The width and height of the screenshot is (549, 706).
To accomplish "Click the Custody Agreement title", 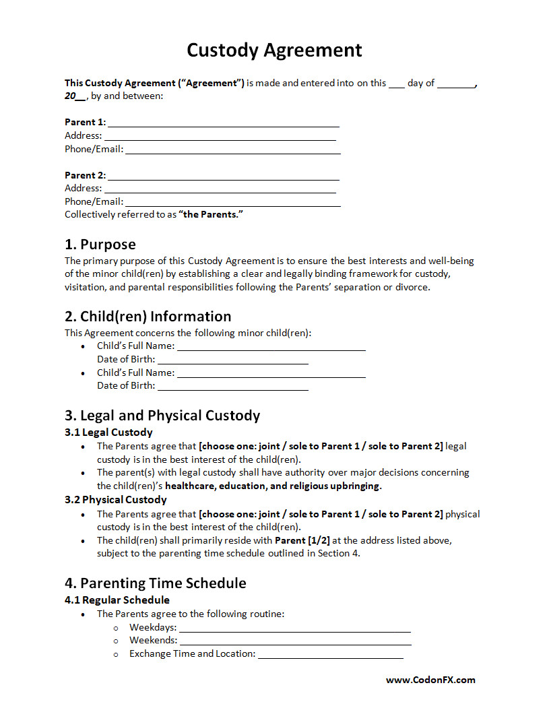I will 274,51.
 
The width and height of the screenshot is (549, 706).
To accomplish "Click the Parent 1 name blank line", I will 223,123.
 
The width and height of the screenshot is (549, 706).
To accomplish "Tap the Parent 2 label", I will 85,175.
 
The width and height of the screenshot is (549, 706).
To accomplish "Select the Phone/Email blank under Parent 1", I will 232,150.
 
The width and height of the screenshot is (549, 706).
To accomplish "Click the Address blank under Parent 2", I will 220,189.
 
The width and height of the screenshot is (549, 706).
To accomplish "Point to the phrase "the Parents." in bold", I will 210,215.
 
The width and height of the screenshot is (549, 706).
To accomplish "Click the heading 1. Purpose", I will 100,245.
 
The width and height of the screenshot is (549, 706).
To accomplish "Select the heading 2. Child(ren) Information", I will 148,317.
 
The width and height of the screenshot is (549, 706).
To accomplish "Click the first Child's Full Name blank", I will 271,348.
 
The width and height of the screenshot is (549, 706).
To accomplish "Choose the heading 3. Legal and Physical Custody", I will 162,416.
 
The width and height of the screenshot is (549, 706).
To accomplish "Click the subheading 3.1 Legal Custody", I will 108,432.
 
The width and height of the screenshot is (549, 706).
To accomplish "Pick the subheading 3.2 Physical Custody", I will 115,500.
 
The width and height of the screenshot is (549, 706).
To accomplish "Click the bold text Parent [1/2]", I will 302,540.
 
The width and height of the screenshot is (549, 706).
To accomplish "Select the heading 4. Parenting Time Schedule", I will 155,583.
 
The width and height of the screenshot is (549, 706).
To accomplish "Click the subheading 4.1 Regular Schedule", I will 117,600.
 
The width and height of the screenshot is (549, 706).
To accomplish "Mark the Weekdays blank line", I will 294,629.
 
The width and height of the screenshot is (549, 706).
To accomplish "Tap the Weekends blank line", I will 294,642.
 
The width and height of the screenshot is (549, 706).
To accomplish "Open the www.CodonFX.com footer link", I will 430,680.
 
